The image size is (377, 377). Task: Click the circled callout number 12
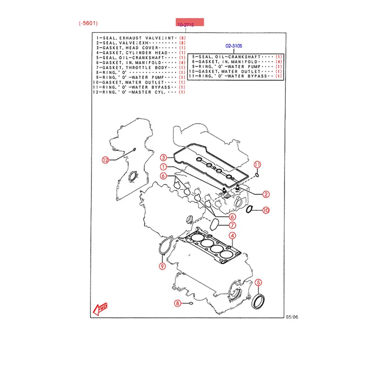tap(106, 160)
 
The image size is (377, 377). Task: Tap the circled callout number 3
tap(163, 157)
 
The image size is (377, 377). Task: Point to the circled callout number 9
tap(162, 267)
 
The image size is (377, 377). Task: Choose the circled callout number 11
tap(257, 164)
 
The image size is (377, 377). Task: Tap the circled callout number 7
tap(233, 225)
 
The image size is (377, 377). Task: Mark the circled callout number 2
tap(265, 194)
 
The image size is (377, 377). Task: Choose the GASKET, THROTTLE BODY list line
tap(129, 68)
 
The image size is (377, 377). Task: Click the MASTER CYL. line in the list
tap(129, 93)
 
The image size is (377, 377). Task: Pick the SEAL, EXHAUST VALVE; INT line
tap(131, 37)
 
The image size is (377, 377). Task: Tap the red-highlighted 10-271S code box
tap(190, 23)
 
